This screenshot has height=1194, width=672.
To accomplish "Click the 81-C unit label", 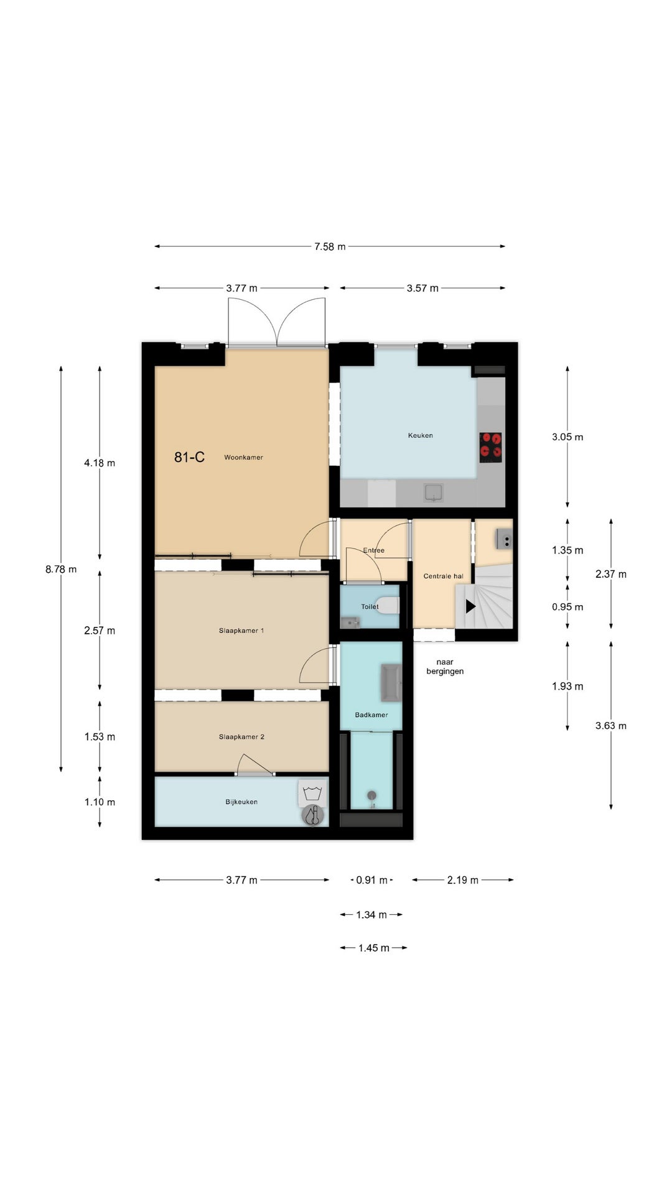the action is coord(189,457).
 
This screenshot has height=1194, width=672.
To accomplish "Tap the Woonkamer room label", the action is coord(243,458).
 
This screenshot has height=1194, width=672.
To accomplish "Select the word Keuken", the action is coord(421,435).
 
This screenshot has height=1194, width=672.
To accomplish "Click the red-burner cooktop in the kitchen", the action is coord(491,447).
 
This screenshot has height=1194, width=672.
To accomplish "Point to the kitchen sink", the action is coord(434,493).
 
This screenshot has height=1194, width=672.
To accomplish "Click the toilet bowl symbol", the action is coord(390,605).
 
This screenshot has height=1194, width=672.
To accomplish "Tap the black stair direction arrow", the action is coord(470,606).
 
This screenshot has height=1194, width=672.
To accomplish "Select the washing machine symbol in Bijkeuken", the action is coord(312,793).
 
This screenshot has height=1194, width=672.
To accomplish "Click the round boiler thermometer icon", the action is coord(313,815).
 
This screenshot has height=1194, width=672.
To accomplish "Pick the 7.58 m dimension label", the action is coord(330,247).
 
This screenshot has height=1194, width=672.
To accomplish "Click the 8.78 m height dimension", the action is coord(61,569).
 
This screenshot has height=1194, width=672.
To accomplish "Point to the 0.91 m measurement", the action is coord(371,880).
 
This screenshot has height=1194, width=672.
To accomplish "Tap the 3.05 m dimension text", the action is coord(567,437).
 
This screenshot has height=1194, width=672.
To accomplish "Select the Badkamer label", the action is coord(371,715).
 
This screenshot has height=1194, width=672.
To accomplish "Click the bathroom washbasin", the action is coord(391,681).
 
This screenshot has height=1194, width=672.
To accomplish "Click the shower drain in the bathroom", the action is coord(372,795).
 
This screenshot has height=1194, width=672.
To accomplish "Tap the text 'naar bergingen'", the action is coord(445,667).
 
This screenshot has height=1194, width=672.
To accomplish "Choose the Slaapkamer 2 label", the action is coord(241,737).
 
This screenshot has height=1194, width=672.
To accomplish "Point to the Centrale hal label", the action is coord(444,576).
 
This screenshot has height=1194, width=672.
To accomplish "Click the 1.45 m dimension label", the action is coord(373,948).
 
